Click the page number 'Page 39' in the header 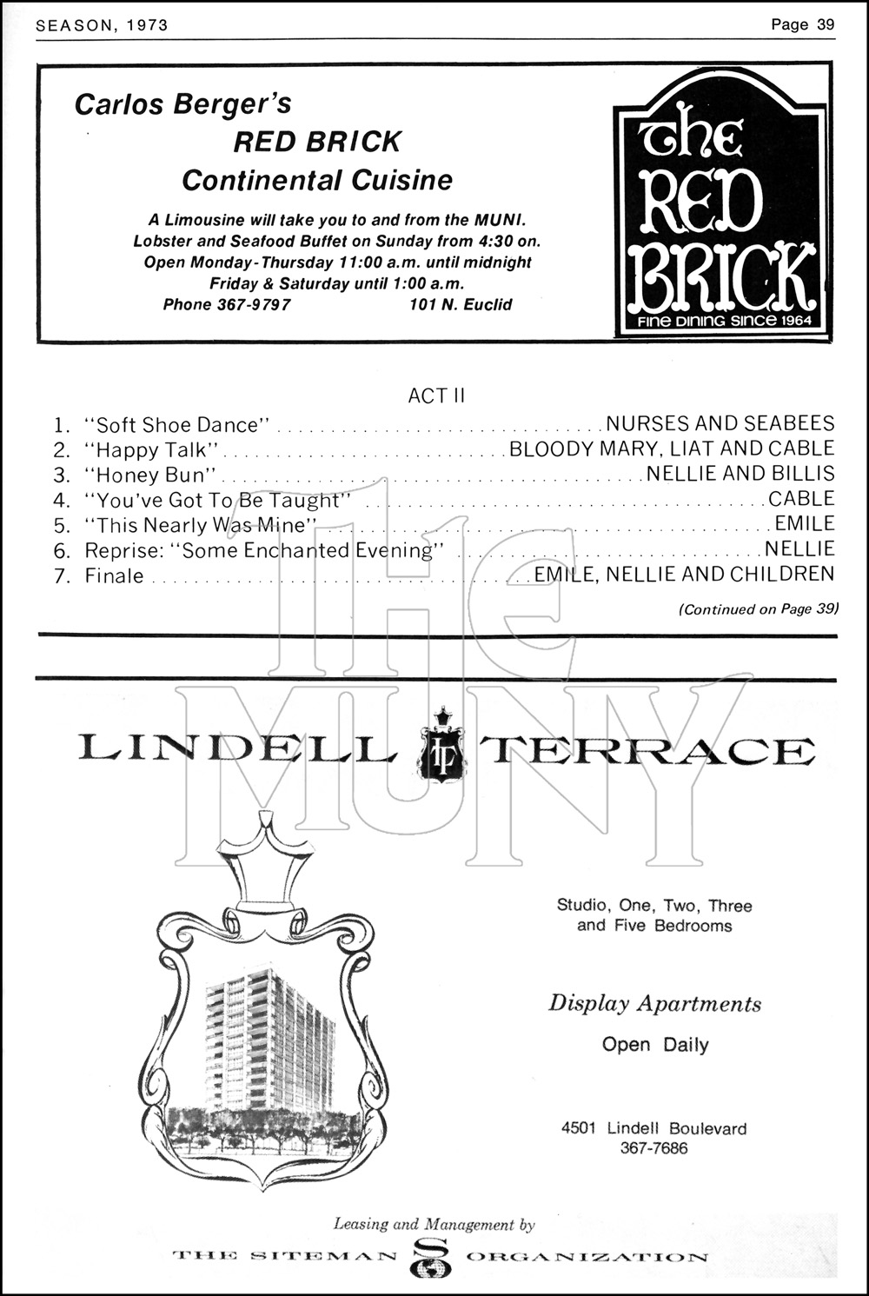pyautogui.click(x=802, y=24)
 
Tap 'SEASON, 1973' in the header pyautogui.click(x=102, y=25)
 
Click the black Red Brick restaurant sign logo pyautogui.click(x=721, y=205)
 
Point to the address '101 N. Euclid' pyautogui.click(x=461, y=305)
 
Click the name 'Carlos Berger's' pyautogui.click(x=183, y=104)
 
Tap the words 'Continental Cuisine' pyautogui.click(x=317, y=180)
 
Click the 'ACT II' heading pyautogui.click(x=436, y=395)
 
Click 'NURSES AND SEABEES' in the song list pyautogui.click(x=720, y=424)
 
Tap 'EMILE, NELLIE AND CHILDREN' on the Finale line pyautogui.click(x=684, y=575)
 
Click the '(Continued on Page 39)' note pyautogui.click(x=758, y=609)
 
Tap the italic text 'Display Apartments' pyautogui.click(x=654, y=1003)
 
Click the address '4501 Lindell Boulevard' pyautogui.click(x=653, y=1128)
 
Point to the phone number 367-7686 pyautogui.click(x=653, y=1148)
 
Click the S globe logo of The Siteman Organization pyautogui.click(x=432, y=1257)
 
